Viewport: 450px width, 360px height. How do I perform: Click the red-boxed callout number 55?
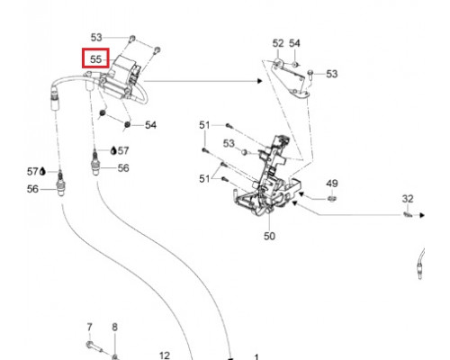point(96,59)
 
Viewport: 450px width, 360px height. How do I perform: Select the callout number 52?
point(278,43)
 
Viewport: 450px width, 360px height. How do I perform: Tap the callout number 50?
point(269,236)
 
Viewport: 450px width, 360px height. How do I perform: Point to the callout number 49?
point(332,184)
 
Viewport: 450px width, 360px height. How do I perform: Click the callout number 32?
point(408,199)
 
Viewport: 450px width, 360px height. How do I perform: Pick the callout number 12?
point(165,355)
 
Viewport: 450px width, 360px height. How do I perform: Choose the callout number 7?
point(90,328)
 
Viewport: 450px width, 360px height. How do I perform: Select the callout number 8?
point(115,328)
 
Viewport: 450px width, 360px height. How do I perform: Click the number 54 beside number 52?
point(294,43)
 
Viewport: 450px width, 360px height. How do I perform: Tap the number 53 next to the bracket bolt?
point(332,74)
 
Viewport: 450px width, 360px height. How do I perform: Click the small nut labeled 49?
point(331,198)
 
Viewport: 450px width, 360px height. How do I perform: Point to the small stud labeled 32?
point(407,214)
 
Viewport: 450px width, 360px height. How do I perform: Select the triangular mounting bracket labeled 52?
point(290,78)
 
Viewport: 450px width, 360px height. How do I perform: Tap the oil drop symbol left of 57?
point(42,171)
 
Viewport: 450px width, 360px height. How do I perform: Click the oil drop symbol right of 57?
point(113,150)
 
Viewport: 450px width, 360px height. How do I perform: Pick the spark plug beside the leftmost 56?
point(60,183)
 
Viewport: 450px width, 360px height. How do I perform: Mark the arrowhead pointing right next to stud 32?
point(422,215)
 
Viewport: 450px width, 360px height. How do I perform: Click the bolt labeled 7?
point(94,346)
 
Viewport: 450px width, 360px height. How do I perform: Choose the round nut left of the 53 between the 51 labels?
point(244,152)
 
